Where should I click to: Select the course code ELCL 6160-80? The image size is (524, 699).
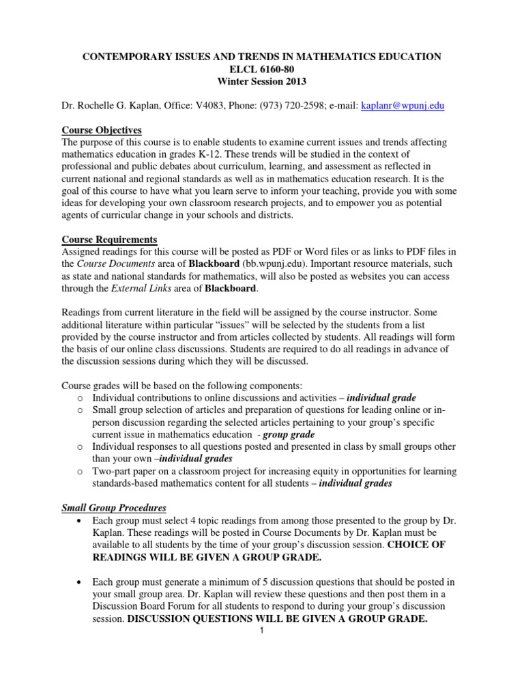click(x=262, y=69)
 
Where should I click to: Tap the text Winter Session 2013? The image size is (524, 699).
click(x=262, y=82)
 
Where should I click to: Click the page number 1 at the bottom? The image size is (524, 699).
click(x=262, y=630)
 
